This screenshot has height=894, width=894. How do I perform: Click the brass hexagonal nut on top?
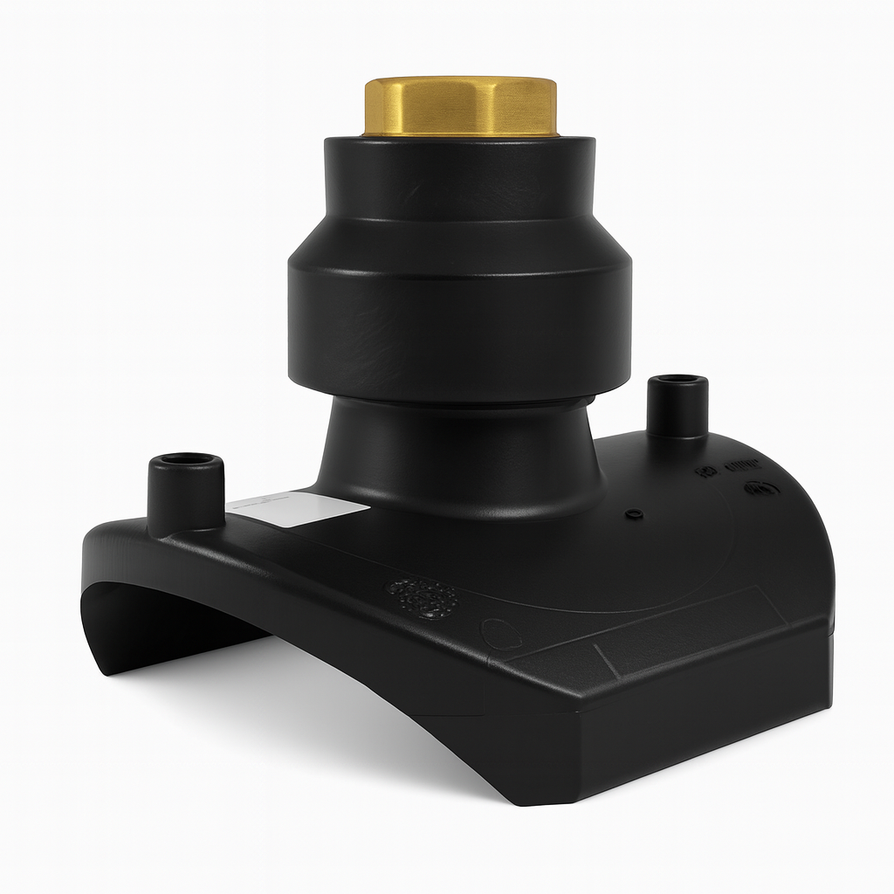click(x=460, y=107)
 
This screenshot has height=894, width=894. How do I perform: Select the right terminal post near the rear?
click(x=677, y=406)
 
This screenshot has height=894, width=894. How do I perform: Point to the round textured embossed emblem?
click(x=423, y=597)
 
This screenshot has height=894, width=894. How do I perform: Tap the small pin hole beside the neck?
click(x=636, y=513)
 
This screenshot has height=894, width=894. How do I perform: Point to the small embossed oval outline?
click(x=499, y=632)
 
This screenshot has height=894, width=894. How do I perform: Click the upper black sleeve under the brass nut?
click(x=460, y=179)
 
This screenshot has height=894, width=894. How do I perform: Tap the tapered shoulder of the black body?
click(x=460, y=240)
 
